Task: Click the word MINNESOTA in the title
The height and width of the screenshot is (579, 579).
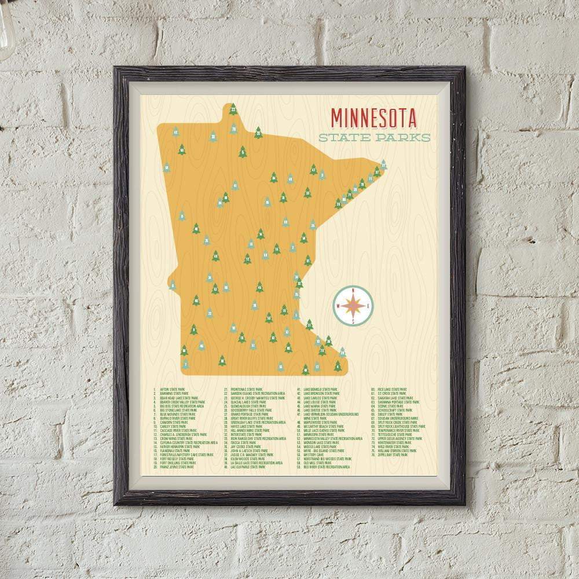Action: (373, 118)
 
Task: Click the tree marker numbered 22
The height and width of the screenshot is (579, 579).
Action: (233, 109)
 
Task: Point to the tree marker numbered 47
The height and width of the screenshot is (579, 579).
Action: (313, 170)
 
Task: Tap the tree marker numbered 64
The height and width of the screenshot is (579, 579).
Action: (274, 177)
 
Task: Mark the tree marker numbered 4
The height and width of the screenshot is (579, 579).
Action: (338, 366)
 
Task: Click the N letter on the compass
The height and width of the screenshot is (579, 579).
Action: (353, 291)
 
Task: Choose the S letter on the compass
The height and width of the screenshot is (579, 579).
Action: (353, 322)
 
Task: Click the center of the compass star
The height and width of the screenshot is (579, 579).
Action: (353, 306)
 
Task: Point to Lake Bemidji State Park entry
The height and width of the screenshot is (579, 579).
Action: (320, 390)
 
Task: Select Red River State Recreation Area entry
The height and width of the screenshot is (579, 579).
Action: (327, 467)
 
